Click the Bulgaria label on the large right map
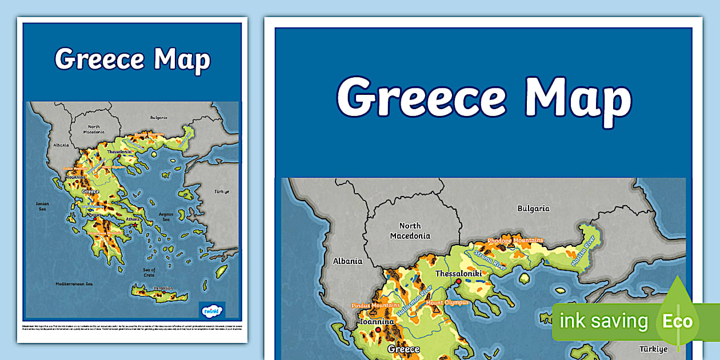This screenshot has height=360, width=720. [x=533, y=209]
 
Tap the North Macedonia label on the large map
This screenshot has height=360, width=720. [x=410, y=231]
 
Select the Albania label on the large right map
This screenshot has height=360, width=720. [x=347, y=261]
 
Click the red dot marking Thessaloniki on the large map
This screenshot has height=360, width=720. [x=458, y=281]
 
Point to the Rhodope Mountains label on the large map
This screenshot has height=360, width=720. [x=515, y=241]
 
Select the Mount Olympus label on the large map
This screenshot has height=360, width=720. [x=447, y=302]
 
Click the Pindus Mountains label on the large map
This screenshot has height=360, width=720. [x=375, y=306]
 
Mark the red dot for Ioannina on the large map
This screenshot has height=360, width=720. [x=377, y=329]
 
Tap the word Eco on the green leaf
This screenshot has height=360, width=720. [x=677, y=321]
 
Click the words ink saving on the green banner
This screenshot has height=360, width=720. [x=604, y=321]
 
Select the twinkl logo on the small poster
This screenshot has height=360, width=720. [x=213, y=311]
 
